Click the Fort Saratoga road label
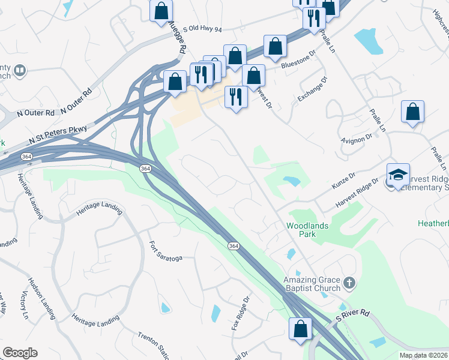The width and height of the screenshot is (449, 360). pos(164,251)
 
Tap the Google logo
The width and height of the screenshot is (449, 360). pos(20,353)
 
